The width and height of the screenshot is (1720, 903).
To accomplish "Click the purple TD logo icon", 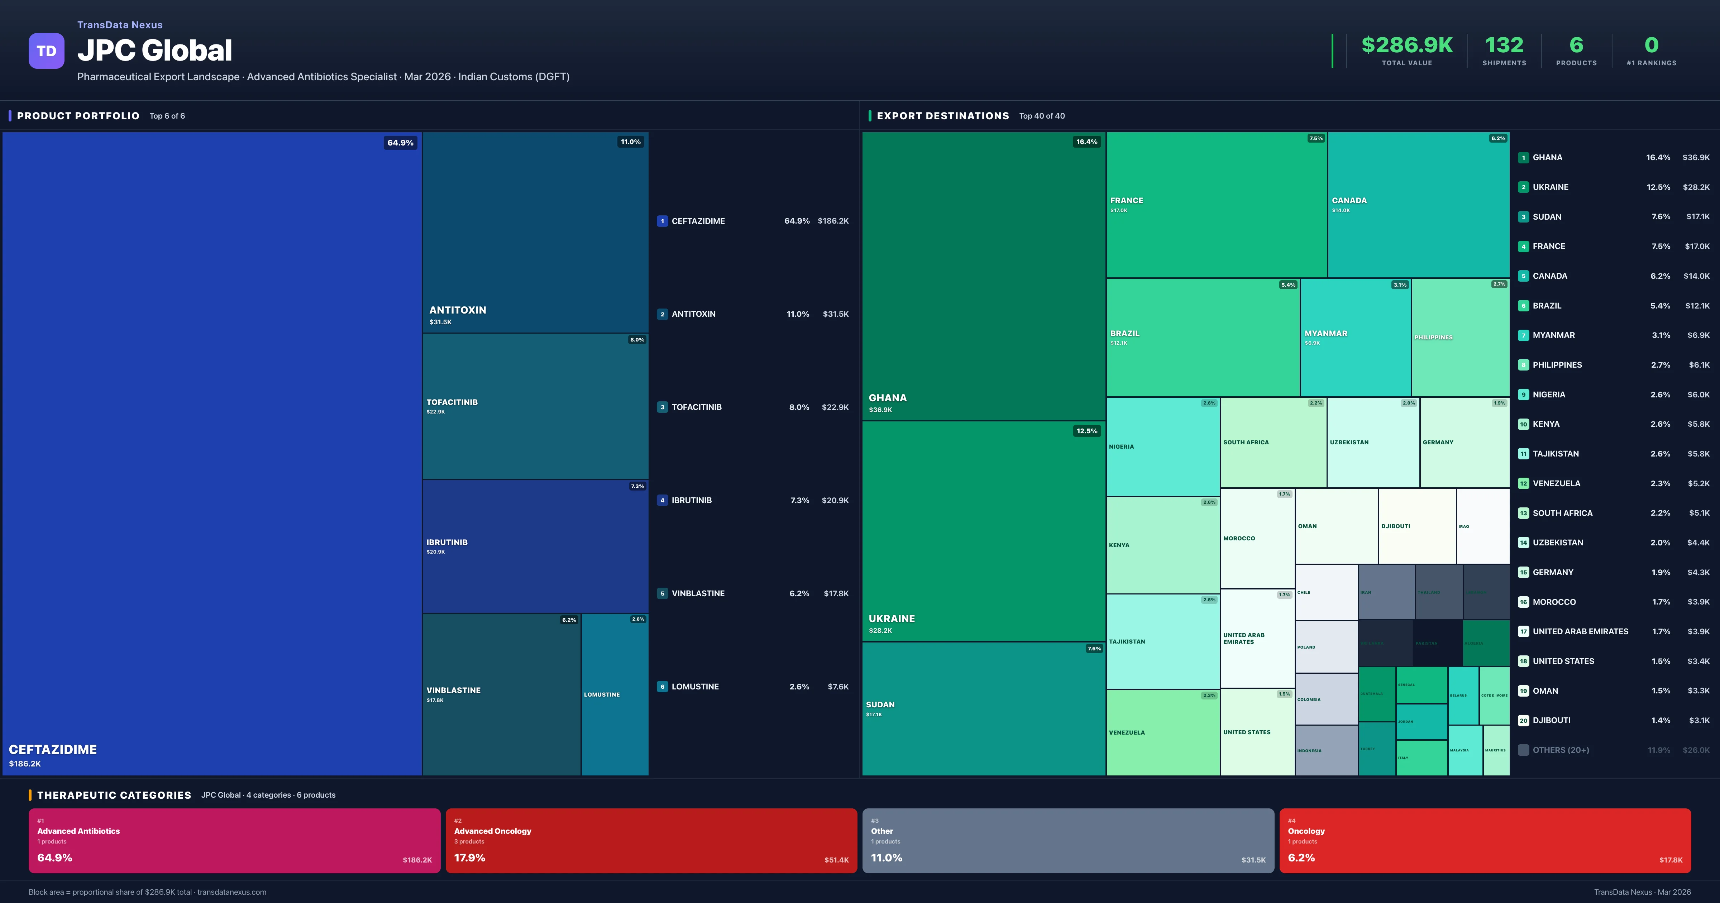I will [x=46, y=51].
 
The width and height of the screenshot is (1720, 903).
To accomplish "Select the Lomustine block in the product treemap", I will [x=614, y=694].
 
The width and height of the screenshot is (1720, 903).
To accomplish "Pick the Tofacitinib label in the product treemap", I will [x=452, y=402].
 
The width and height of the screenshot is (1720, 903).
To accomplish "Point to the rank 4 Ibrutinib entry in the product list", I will [x=691, y=500].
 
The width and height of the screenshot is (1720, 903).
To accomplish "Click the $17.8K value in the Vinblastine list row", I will [x=836, y=593].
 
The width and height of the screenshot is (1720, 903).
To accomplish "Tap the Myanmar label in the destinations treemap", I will [x=1325, y=333].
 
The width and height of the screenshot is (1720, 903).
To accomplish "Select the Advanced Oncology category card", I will [x=651, y=840].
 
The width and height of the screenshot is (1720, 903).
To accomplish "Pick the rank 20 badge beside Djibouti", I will [x=1523, y=721].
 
